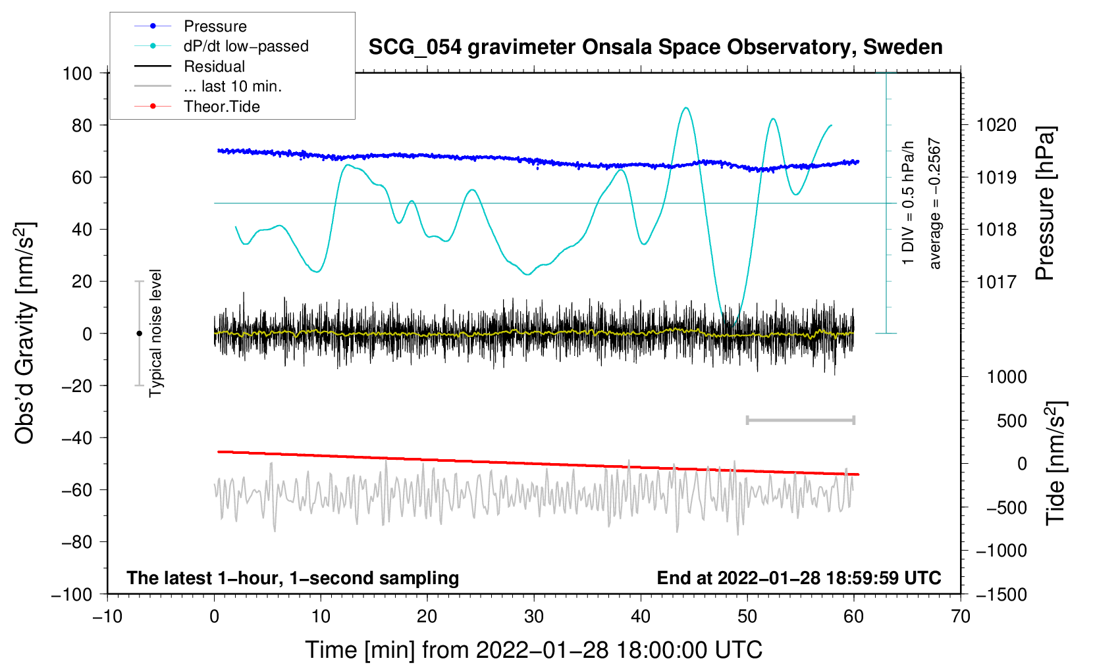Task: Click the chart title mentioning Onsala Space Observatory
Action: (x=655, y=47)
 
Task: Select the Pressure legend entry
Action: (x=215, y=26)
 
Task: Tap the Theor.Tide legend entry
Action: (x=221, y=107)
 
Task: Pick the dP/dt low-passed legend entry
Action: (x=246, y=46)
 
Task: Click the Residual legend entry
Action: (x=214, y=66)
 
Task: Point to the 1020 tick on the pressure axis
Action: (x=996, y=125)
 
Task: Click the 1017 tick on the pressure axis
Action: (x=996, y=282)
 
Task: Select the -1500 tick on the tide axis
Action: (x=1001, y=594)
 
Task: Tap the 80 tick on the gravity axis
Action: (x=82, y=125)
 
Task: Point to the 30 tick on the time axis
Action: (x=534, y=616)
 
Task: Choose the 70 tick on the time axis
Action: (x=961, y=616)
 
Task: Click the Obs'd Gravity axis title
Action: (x=25, y=333)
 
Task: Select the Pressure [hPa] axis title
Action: (x=1045, y=203)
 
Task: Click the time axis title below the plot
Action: (x=533, y=650)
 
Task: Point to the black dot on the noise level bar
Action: (x=139, y=334)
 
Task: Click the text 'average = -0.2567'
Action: (x=935, y=203)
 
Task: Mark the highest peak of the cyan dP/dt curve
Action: (x=686, y=108)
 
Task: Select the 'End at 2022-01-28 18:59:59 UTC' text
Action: (x=799, y=578)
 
